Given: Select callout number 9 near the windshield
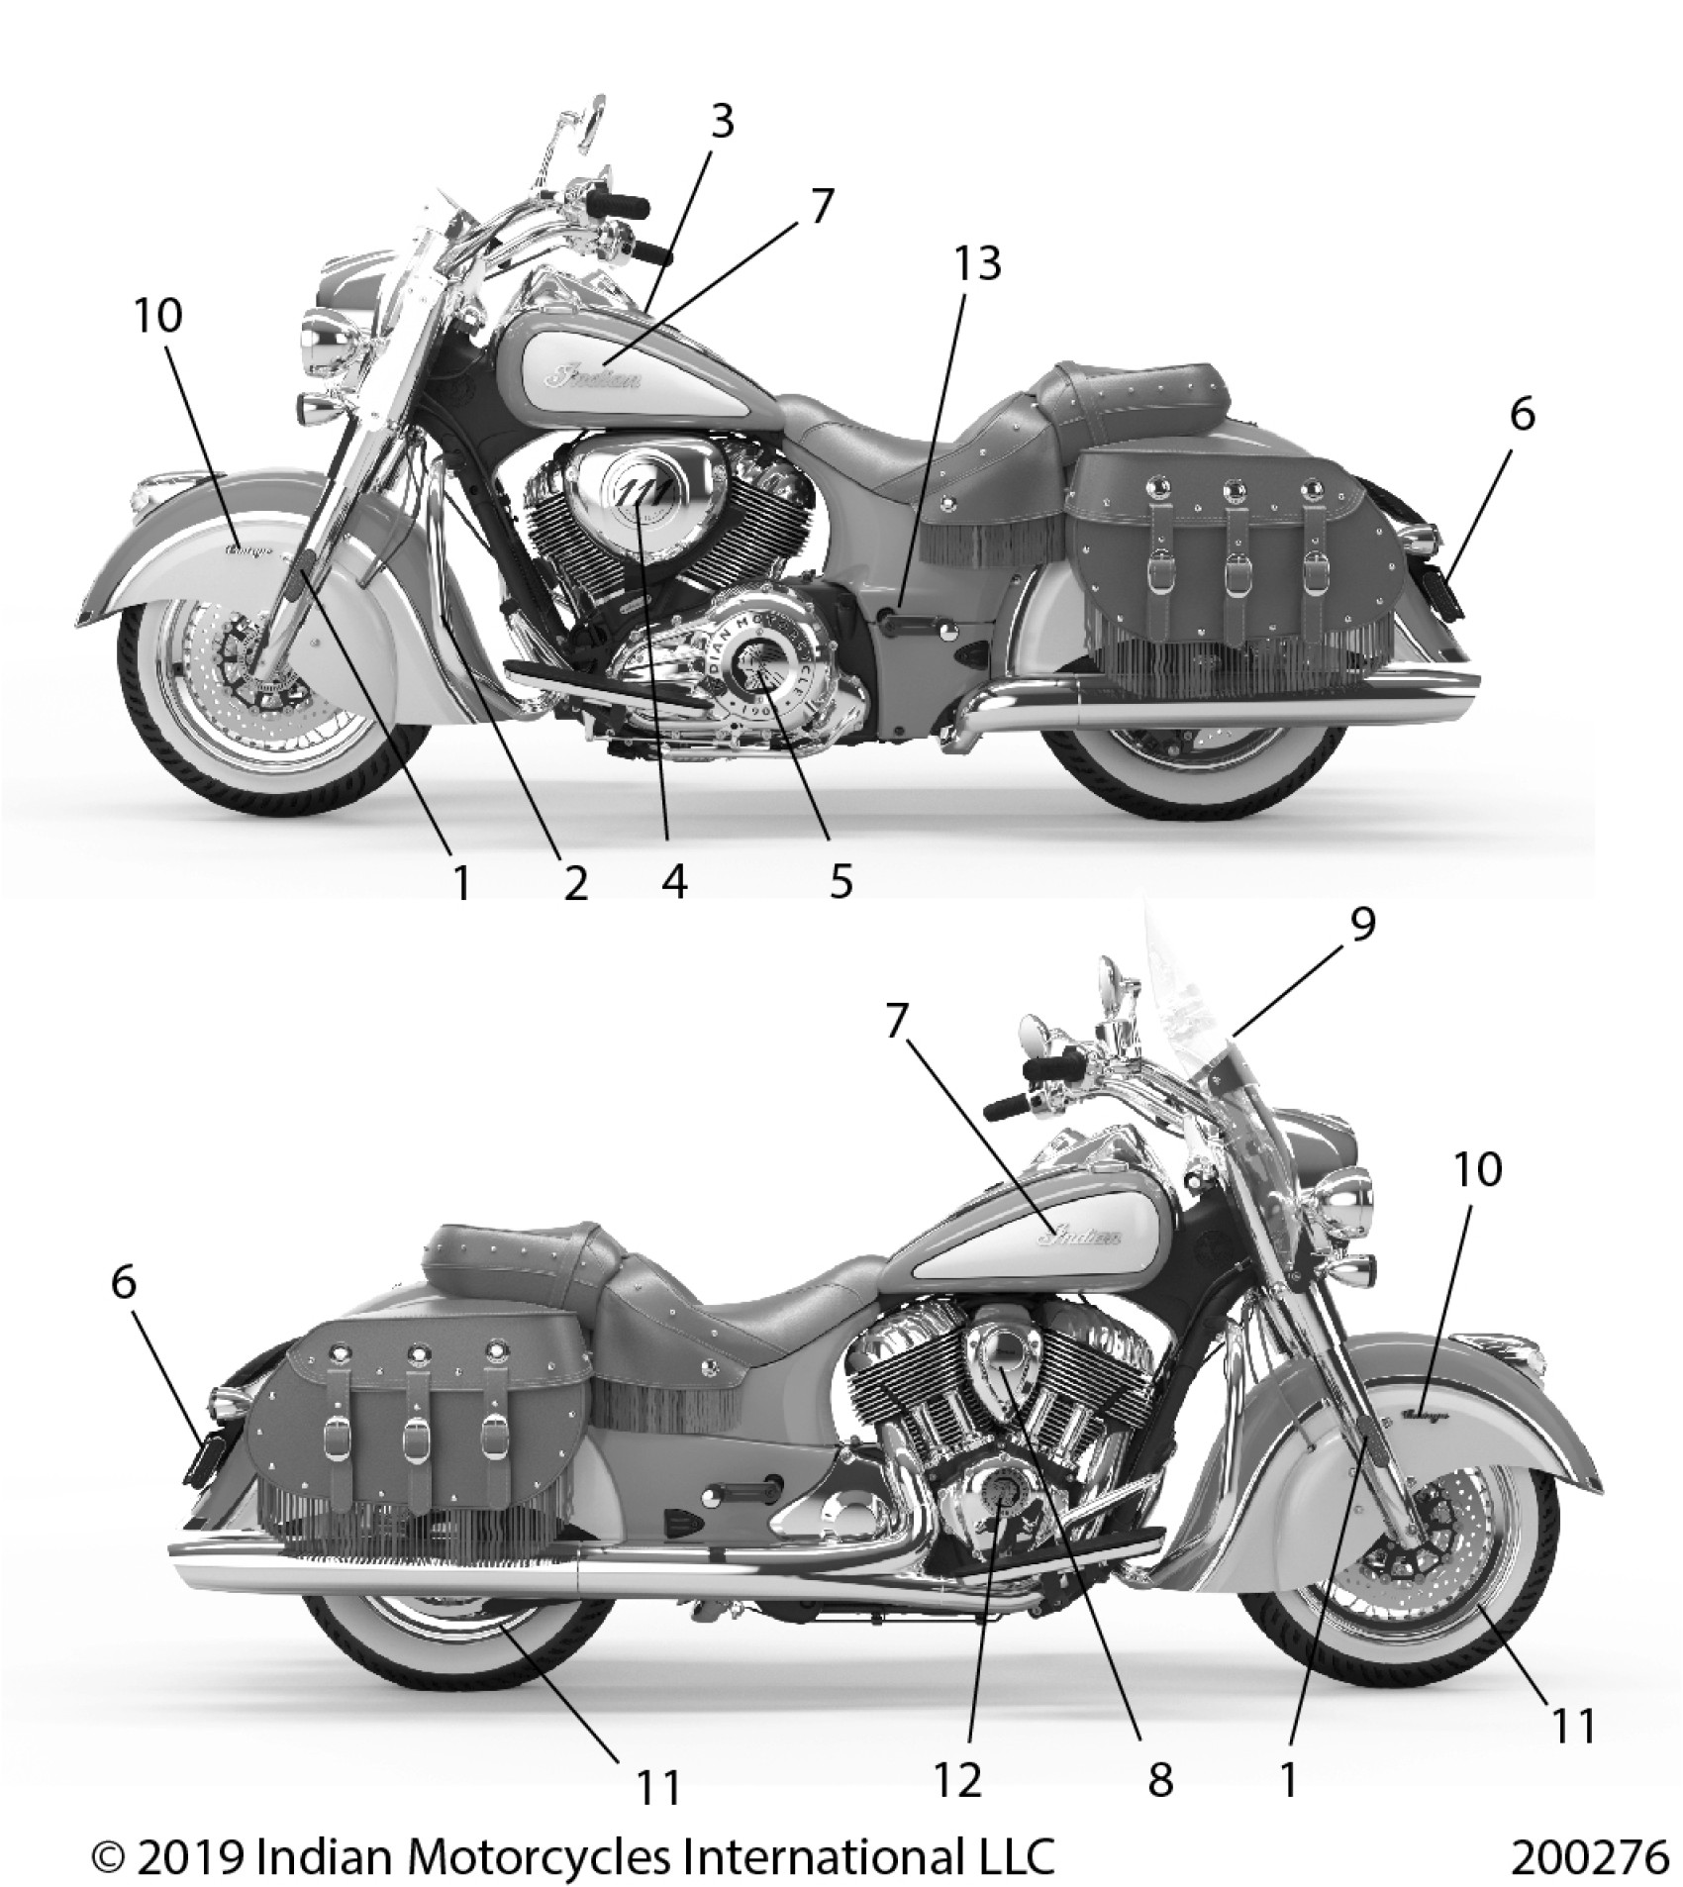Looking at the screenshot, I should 1362,925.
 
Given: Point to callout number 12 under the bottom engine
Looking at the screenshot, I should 958,1779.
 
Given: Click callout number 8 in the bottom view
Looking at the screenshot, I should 1159,1779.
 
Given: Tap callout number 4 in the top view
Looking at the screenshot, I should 674,880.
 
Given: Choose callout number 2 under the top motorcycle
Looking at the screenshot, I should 575,880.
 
